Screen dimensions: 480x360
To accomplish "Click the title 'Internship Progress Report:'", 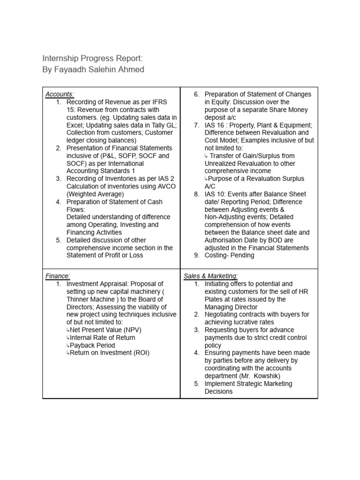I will (x=92, y=58).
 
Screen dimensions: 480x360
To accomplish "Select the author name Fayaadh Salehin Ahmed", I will (x=93, y=70).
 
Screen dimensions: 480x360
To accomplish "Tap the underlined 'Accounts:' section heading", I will (x=60, y=94).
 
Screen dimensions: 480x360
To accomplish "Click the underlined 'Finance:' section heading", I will (x=58, y=276).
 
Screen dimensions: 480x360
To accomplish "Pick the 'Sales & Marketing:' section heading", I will (x=210, y=276).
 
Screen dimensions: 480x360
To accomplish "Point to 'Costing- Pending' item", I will (x=229, y=255).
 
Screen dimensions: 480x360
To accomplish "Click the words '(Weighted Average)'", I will (x=95, y=194).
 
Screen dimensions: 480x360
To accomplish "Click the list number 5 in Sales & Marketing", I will (x=197, y=384).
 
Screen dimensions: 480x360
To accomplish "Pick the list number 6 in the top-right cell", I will (x=197, y=94).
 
